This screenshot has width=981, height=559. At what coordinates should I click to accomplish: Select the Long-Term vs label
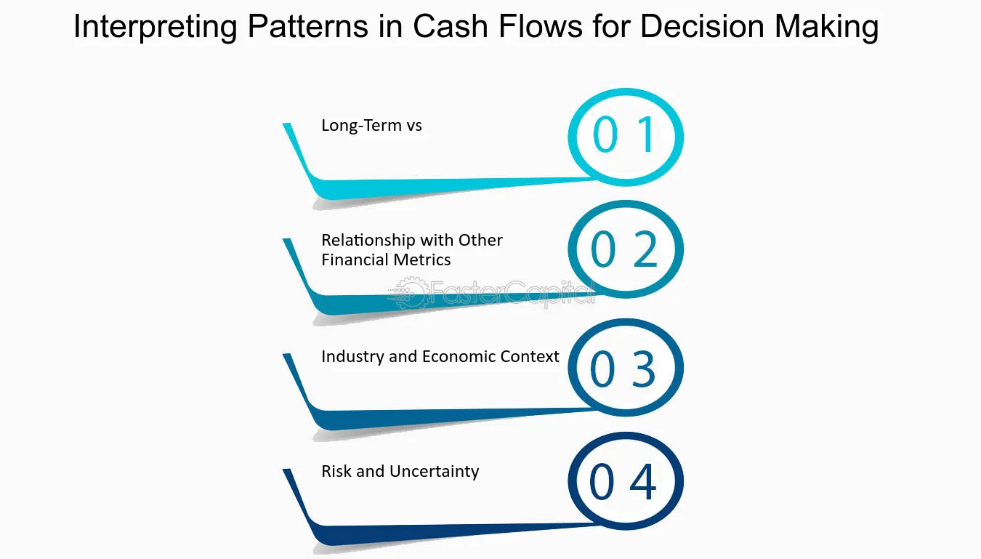coord(371,125)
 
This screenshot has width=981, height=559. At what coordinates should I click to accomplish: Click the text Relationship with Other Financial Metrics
coord(412,250)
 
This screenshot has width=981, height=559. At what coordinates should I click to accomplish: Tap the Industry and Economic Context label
coord(440,356)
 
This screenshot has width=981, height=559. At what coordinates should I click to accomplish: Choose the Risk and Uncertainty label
coord(400,471)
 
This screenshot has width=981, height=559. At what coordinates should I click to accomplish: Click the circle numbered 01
coord(625,136)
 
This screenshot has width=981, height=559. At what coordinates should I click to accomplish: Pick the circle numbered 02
coord(625,249)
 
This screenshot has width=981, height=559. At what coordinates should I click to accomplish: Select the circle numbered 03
coord(625,368)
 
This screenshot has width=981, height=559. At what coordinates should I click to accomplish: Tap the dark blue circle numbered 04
coord(625,481)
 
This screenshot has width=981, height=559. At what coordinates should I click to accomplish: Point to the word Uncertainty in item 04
coord(434,471)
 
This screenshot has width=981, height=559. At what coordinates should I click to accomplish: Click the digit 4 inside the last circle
coord(643,482)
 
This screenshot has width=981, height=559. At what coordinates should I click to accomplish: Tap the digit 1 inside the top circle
coord(645,135)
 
